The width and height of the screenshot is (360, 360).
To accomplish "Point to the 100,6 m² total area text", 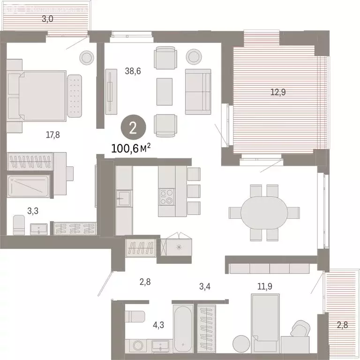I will (x=131, y=149).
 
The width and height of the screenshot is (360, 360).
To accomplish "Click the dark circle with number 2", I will (x=133, y=127).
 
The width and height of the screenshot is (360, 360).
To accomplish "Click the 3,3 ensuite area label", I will (x=32, y=211).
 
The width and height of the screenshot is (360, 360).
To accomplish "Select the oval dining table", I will (x=265, y=212).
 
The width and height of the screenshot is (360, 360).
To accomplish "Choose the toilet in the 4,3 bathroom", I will (x=135, y=315).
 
